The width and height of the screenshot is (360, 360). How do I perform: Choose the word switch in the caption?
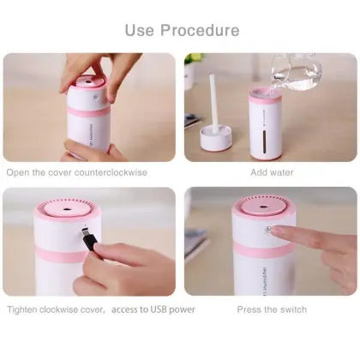[x=292, y=309]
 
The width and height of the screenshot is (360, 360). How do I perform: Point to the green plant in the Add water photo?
[x=196, y=60]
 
